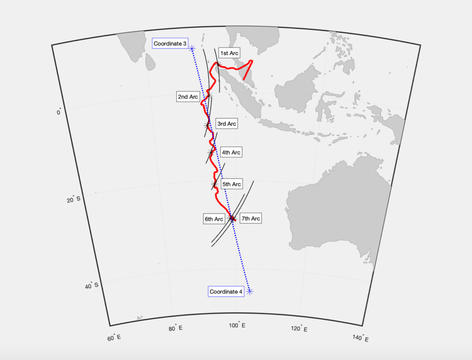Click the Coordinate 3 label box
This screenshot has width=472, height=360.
[170, 44]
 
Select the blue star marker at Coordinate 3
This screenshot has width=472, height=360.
[192, 48]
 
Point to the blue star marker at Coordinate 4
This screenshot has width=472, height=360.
[249, 291]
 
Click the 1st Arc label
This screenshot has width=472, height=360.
[229, 53]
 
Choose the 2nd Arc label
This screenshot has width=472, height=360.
[188, 97]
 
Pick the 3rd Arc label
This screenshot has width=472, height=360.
[226, 124]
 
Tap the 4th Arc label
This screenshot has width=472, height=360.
[231, 152]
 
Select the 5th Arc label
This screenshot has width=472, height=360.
[231, 184]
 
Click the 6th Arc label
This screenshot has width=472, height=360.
[214, 219]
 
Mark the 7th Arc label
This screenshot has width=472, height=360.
[250, 219]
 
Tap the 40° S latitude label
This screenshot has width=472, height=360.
[92, 286]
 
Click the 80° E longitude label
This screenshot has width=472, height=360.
[175, 329]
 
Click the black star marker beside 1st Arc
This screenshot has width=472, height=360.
[218, 64]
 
